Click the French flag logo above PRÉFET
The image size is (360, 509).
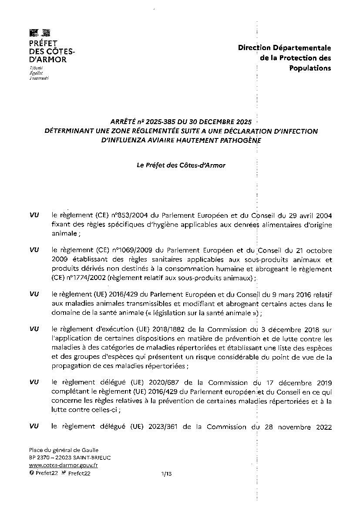click(x=40, y=33)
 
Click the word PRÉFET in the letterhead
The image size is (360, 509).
click(x=44, y=43)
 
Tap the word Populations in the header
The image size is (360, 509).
click(x=310, y=68)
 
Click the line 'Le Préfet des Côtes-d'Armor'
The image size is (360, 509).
click(x=181, y=165)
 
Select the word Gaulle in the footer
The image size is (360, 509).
click(x=89, y=450)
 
